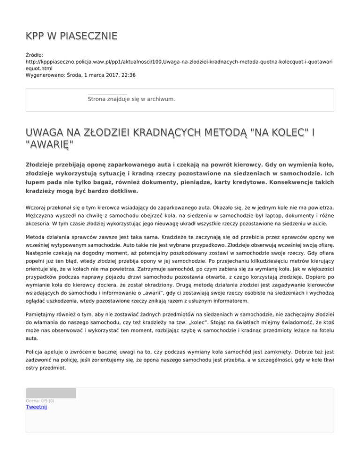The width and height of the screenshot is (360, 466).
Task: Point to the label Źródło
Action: pos(36,55)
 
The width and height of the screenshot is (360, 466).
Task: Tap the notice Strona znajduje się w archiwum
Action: pos(131,99)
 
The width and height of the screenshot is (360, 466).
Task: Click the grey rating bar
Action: pos(51,393)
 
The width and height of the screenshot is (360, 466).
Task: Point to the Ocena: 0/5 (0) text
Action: pos(40,401)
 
